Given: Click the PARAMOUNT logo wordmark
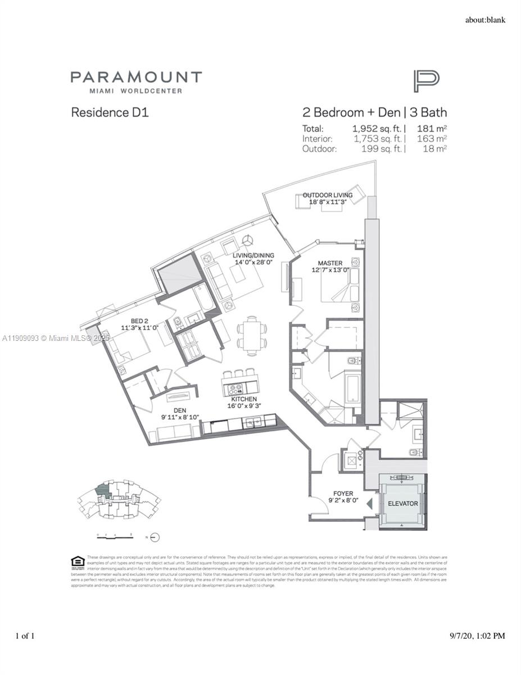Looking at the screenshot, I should point(136,78).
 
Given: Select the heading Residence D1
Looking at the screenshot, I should point(110,112).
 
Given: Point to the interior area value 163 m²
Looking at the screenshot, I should point(432,138).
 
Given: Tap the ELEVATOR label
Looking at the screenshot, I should point(403,503).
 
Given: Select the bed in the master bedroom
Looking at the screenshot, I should point(336,287).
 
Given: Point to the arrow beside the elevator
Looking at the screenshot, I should point(369,505).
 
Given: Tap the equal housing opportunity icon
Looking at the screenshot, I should point(78,562).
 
